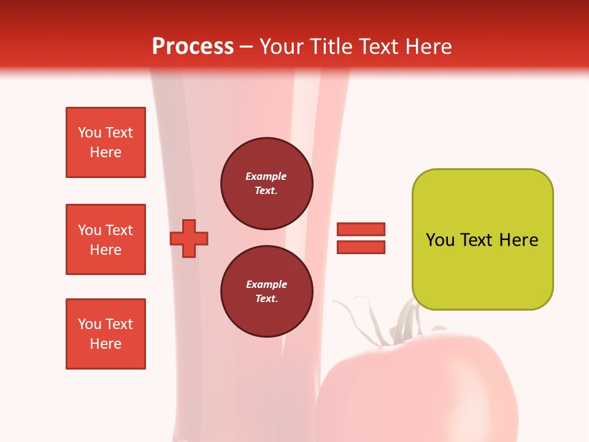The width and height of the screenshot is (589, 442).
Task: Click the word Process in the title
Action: [193, 47]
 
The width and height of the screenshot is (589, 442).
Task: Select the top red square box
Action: [106, 142]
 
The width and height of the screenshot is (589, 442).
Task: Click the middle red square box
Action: [106, 239]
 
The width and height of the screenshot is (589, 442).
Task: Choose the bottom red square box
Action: [106, 334]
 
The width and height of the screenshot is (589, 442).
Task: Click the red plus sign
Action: [189, 238]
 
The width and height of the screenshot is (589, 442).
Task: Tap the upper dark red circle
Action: [266, 184]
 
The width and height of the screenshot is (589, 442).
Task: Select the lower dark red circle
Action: [266, 292]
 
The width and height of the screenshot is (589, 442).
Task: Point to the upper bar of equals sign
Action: [361, 229]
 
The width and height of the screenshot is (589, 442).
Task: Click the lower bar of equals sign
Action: [361, 247]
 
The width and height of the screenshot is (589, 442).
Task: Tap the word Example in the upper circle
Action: [266, 176]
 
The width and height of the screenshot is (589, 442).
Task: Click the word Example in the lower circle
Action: [266, 284]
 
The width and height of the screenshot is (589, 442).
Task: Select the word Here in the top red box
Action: [106, 152]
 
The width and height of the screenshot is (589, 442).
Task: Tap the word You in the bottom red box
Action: [90, 324]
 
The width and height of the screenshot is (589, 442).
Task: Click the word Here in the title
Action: [427, 47]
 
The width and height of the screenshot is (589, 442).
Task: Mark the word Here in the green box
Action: [518, 240]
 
